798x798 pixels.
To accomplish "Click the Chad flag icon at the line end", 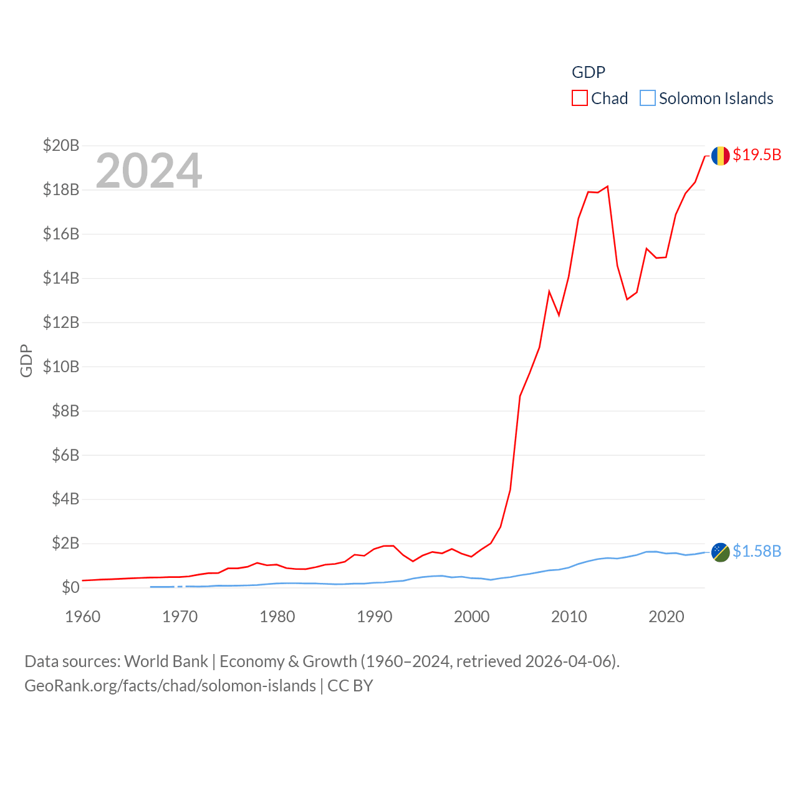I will pyautogui.click(x=720, y=155).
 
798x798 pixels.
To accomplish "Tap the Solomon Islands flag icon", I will pyautogui.click(x=720, y=552).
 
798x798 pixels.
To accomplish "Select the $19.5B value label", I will pyautogui.click(x=757, y=155).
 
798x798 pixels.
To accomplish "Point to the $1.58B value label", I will pyautogui.click(x=757, y=551).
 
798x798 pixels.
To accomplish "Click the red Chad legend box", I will pyautogui.click(x=580, y=99).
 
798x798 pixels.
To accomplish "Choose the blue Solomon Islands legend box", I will pyautogui.click(x=648, y=99).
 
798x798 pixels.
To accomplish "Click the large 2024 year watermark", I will pyautogui.click(x=149, y=170).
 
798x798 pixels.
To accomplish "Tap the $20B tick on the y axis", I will pyautogui.click(x=61, y=145).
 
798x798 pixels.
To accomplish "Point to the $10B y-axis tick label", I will pyautogui.click(x=61, y=367).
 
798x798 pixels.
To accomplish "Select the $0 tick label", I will pyautogui.click(x=70, y=587).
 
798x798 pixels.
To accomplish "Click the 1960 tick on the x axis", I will pyautogui.click(x=83, y=617).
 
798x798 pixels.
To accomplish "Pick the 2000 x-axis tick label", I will pyautogui.click(x=472, y=617).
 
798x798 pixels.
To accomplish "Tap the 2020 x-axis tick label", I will pyautogui.click(x=666, y=617).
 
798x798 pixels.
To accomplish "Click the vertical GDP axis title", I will pyautogui.click(x=26, y=360).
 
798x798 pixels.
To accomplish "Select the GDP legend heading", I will pyautogui.click(x=589, y=72).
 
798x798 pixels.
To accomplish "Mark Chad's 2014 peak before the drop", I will pyautogui.click(x=607, y=186).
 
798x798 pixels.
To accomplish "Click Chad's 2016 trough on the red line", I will pyautogui.click(x=627, y=299).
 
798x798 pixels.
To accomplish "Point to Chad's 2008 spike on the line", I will pyautogui.click(x=549, y=291).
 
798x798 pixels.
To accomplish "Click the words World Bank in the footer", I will pyautogui.click(x=166, y=661).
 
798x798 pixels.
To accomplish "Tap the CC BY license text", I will pyautogui.click(x=350, y=686).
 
